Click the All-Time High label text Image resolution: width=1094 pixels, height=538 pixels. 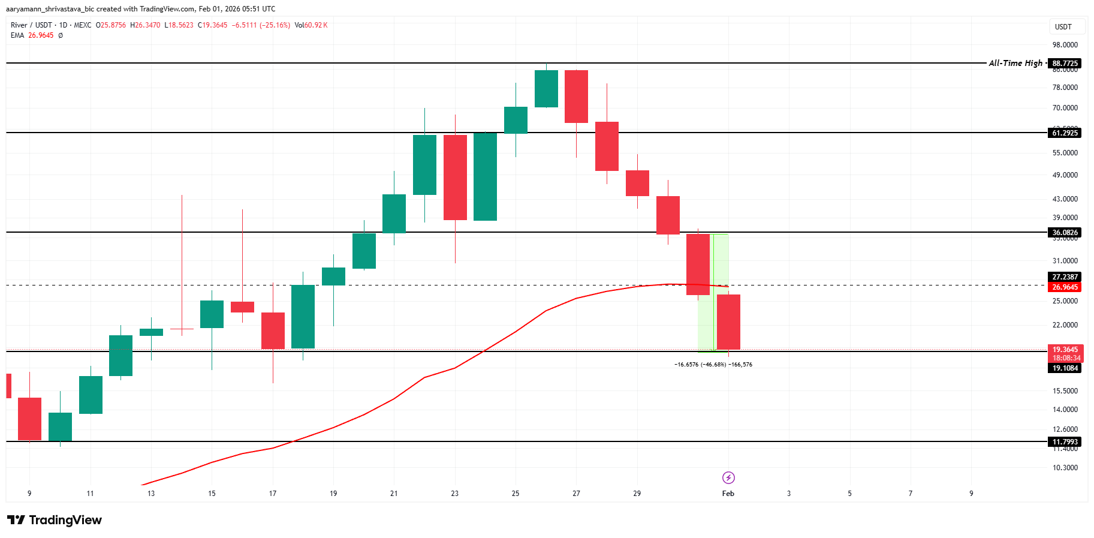click(1015, 63)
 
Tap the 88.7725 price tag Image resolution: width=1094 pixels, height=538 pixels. click(1065, 64)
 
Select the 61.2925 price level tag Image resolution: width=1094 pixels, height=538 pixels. click(1065, 133)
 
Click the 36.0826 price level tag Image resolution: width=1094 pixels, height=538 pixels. click(1065, 233)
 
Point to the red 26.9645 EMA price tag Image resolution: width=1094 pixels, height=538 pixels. click(1065, 287)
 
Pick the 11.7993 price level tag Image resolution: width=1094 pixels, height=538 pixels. click(1065, 442)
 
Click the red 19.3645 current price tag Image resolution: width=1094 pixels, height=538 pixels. click(1065, 350)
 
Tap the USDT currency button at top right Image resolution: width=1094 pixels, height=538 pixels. click(1063, 27)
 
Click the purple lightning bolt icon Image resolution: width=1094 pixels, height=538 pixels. click(728, 477)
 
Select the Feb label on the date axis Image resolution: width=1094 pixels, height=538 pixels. click(728, 494)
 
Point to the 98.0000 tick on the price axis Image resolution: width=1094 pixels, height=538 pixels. click(1065, 45)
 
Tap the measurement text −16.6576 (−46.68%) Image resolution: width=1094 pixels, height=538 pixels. click(700, 365)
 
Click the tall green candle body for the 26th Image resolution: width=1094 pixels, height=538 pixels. click(546, 89)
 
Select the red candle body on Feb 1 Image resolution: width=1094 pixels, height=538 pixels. click(728, 322)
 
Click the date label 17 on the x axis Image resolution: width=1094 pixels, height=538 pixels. click(273, 494)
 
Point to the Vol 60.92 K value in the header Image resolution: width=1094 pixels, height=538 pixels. click(311, 25)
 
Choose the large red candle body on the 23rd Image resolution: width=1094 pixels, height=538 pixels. click(455, 178)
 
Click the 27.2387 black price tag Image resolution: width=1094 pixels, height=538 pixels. click(1065, 277)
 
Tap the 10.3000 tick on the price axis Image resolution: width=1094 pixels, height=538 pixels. click(1065, 468)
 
